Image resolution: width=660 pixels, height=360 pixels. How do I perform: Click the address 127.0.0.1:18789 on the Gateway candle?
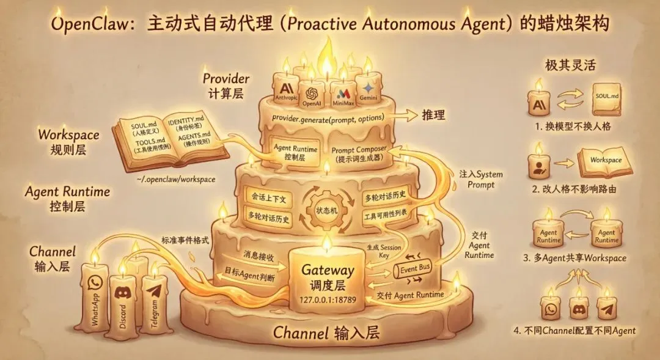[x=328, y=299]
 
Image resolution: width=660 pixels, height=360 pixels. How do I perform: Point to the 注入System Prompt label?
[x=482, y=179]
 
